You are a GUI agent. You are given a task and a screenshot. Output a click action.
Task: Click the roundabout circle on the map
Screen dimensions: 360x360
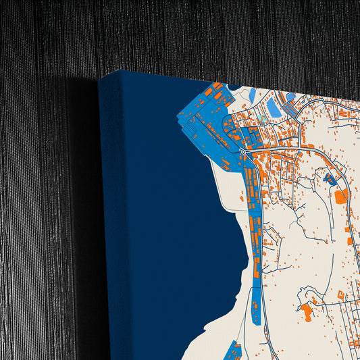coord(243,152)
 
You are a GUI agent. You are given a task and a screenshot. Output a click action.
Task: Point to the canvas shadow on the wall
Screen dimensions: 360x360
coord(84,203)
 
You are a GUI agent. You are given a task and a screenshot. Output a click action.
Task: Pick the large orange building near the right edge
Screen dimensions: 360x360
coord(341,196)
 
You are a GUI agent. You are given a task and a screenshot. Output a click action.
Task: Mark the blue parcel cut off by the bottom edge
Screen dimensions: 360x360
coord(233,351)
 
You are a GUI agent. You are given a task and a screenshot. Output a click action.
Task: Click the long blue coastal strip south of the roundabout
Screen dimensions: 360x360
coord(256,297)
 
